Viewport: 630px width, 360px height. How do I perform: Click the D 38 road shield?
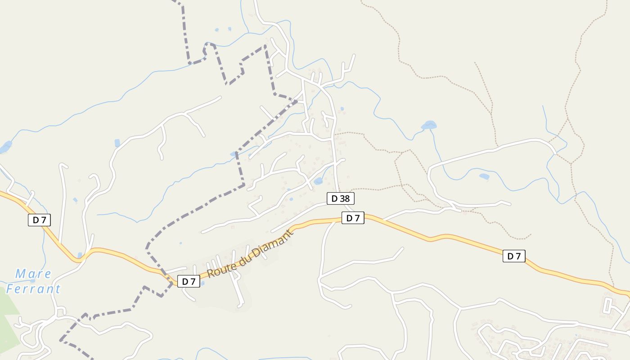tap(340, 198)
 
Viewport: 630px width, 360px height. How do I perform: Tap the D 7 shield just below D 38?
tap(353, 218)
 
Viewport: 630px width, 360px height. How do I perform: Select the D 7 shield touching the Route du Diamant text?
tap(189, 282)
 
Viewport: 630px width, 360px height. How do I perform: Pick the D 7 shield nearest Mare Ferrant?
tap(39, 220)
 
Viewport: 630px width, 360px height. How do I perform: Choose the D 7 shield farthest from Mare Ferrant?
tap(514, 256)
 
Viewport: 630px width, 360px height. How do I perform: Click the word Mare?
tap(33, 274)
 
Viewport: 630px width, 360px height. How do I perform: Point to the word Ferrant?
tap(33, 289)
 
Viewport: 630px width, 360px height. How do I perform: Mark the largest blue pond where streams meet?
tap(429, 125)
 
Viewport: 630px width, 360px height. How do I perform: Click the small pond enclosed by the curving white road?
tap(484, 176)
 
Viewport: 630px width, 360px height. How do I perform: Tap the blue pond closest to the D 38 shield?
tap(318, 181)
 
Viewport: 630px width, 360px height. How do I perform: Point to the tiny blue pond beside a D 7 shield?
tap(202, 283)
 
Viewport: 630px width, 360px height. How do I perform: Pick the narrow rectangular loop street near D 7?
tap(607, 305)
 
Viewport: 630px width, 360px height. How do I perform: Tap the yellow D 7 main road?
tap(450, 237)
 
